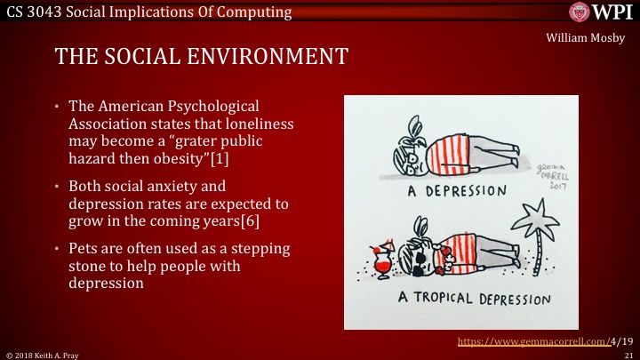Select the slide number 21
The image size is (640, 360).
628,355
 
